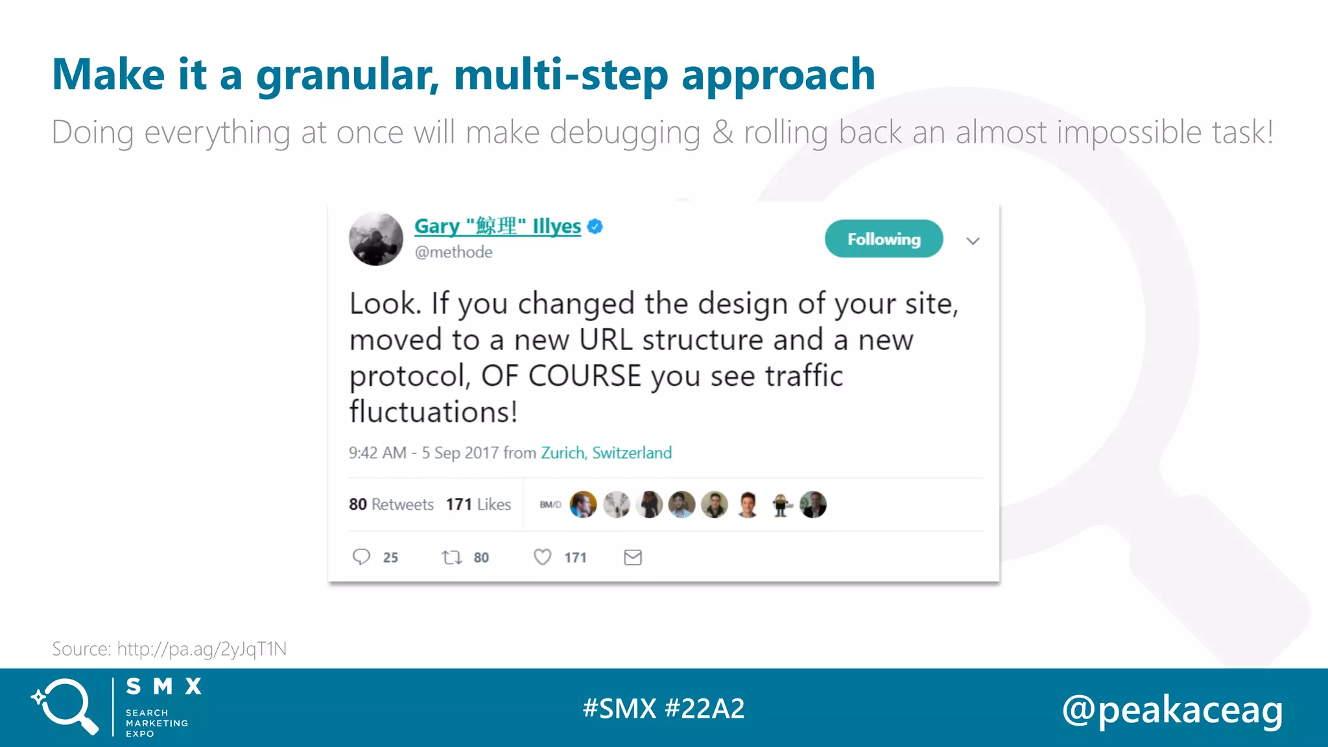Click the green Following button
tap(883, 239)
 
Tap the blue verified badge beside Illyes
tap(595, 226)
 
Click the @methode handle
tap(453, 252)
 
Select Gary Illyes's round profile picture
tap(376, 239)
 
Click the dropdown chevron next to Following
tap(973, 241)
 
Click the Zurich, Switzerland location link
tap(606, 453)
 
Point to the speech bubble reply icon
tap(361, 557)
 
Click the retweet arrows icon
tap(451, 557)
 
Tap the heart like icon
tap(542, 557)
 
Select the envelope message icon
tap(633, 557)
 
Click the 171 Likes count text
tap(479, 504)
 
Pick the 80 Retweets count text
tap(391, 504)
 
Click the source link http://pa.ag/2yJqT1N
tap(202, 649)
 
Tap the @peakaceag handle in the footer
tap(1172, 710)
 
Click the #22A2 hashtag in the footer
tap(705, 708)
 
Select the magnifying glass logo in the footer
tap(65, 707)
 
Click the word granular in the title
tap(347, 75)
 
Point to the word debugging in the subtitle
tap(625, 133)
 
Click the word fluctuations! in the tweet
tap(433, 412)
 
